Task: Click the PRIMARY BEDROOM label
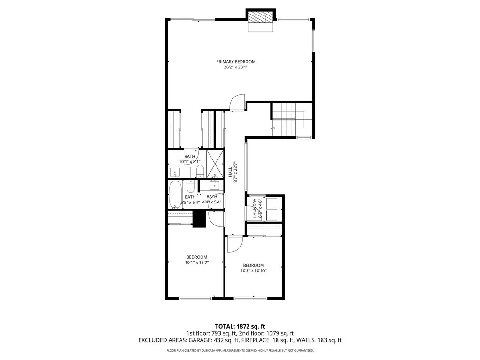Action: click(236, 62)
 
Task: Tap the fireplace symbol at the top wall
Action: click(260, 17)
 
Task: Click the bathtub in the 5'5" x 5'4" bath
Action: click(176, 193)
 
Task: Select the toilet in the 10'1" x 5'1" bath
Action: click(199, 170)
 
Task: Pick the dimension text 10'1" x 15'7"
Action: click(197, 262)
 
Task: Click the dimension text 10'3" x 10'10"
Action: click(254, 270)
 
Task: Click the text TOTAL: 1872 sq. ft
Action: click(240, 326)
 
